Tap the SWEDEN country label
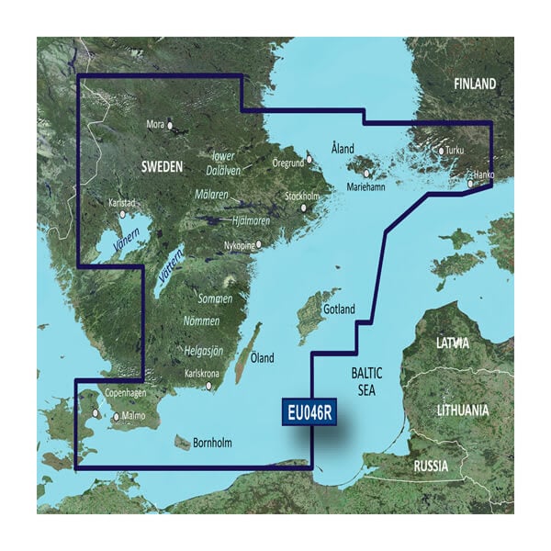point(161,166)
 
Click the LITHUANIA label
point(462,410)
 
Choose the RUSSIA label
point(431,467)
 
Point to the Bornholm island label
point(213,444)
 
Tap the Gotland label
point(338,310)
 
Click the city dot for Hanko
point(471,184)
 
